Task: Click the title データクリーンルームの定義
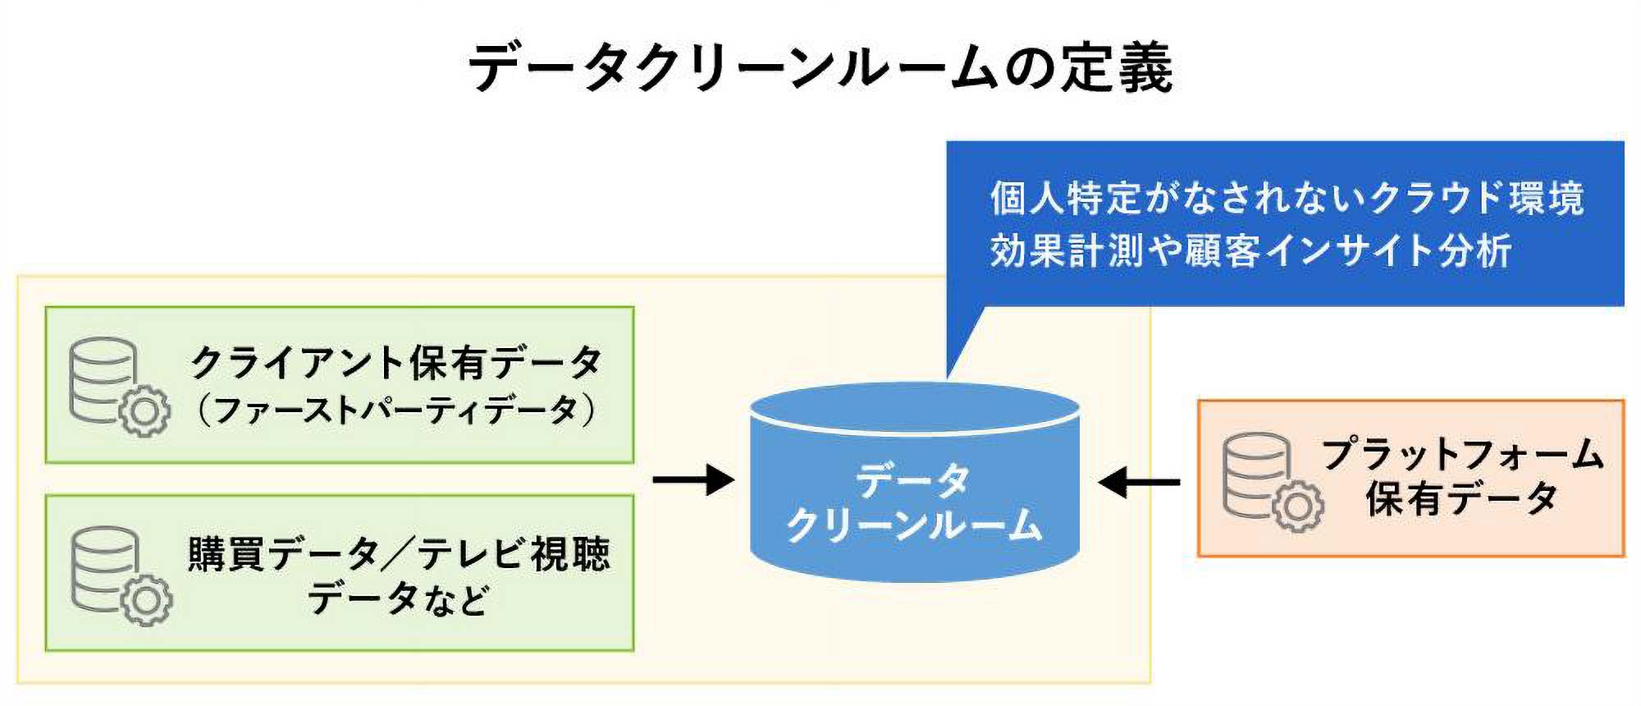820,67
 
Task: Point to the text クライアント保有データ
396,363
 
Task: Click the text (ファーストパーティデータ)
396,410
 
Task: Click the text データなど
398,598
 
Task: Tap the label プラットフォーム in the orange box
1462,454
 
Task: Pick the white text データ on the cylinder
913,479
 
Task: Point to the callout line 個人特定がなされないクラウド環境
1287,198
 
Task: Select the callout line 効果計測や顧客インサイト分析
1250,250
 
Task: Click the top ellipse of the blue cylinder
914,407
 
